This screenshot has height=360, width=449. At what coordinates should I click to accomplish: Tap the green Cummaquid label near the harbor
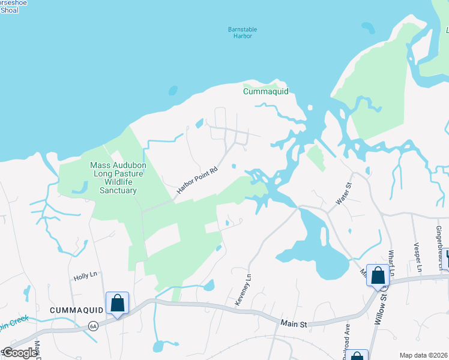click(266, 91)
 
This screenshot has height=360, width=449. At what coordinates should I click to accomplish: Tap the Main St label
click(294, 323)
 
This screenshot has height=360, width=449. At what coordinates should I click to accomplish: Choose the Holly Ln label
click(85, 277)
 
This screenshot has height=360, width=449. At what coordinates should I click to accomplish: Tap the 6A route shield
click(93, 326)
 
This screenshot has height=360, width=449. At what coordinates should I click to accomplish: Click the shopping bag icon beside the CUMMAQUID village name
click(117, 303)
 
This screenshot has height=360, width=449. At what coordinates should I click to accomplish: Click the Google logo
click(20, 353)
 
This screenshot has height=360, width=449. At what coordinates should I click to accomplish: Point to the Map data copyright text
click(423, 355)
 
